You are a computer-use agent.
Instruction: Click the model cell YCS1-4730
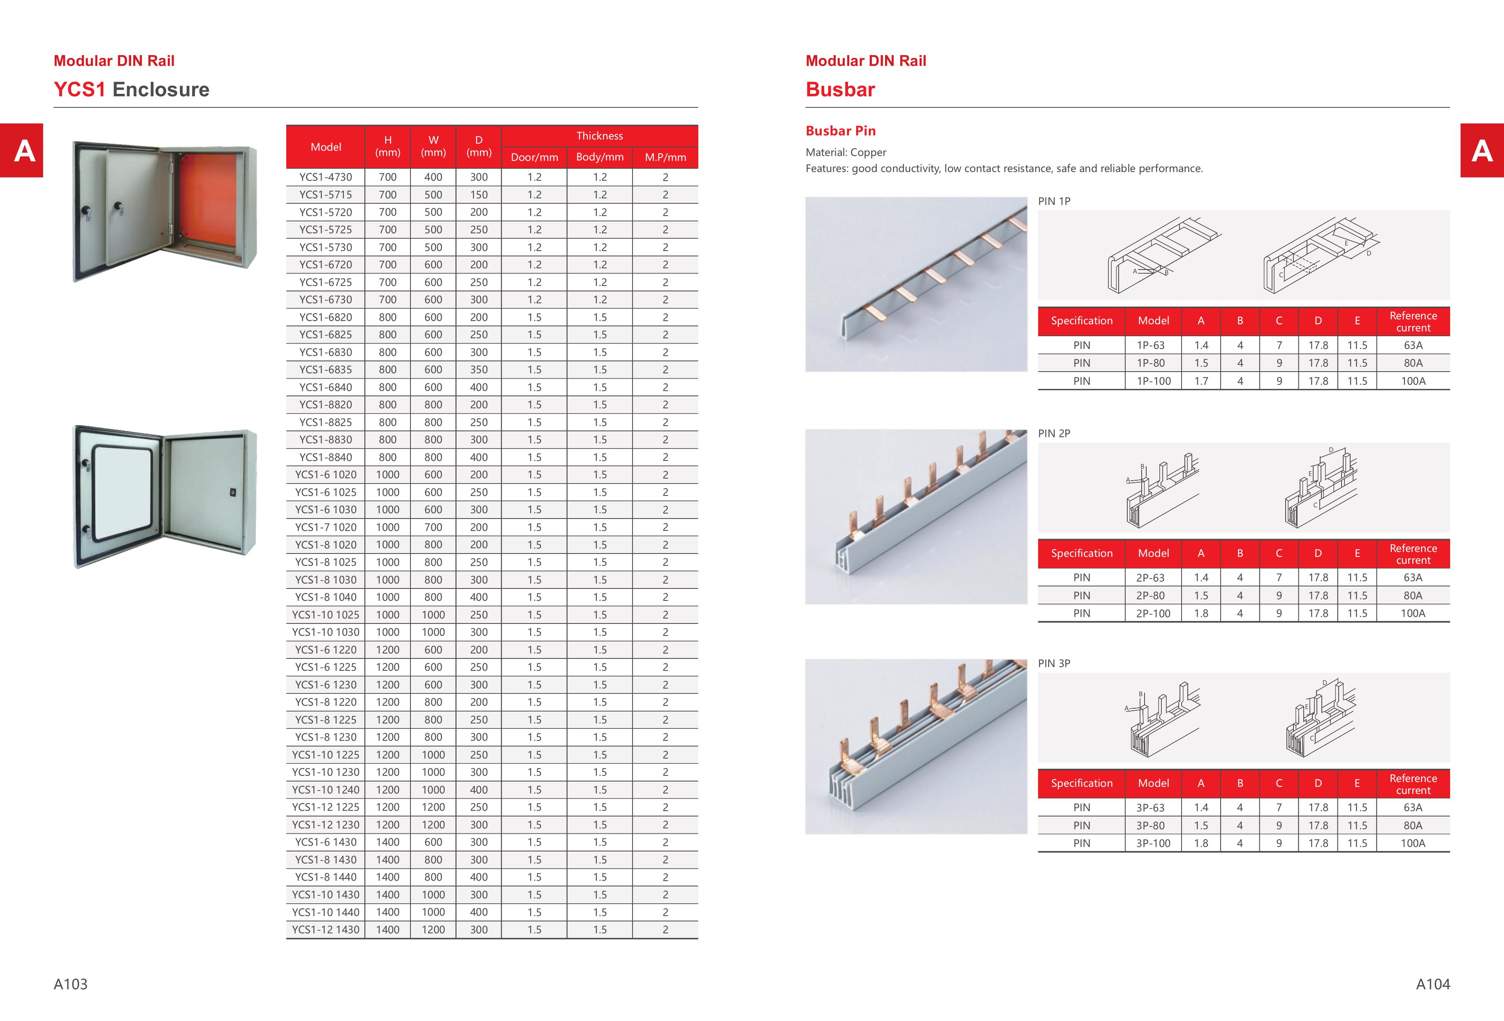326,177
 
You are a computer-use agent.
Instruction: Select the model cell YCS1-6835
326,370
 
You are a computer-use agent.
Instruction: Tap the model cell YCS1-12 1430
326,930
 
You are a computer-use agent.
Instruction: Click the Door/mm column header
534,157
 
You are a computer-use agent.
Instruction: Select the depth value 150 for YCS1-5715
479,194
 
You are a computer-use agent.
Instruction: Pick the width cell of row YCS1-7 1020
433,527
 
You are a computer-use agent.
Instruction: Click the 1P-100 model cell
1153,381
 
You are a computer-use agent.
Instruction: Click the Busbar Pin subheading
840,131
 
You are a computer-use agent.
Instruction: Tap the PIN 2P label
1054,433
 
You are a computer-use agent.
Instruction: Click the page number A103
70,984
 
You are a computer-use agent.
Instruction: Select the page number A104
1433,984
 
